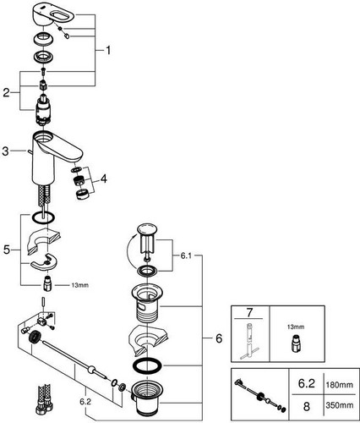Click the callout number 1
click(108, 51)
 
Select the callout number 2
click(6, 93)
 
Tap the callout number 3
click(5, 151)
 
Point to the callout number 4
click(104, 179)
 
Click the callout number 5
click(7, 250)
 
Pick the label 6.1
click(186, 255)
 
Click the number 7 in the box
click(249, 312)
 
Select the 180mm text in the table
click(339, 385)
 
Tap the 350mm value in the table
click(339, 405)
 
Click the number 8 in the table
click(306, 406)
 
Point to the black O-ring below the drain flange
click(147, 365)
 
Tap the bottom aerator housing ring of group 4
click(83, 194)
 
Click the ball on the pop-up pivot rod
click(91, 370)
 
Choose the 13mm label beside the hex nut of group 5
click(79, 285)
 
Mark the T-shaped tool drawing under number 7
click(248, 342)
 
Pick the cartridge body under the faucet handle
click(43, 111)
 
